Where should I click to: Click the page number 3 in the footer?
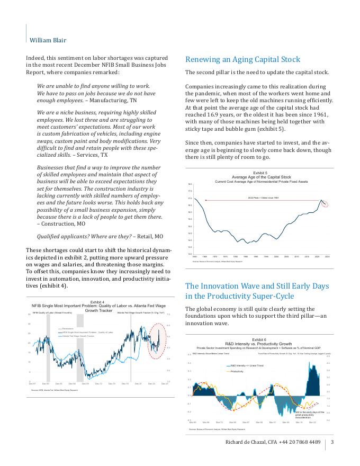click(x=332, y=442)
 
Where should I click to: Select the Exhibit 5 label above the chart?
click(x=260, y=173)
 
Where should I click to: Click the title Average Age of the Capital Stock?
click(x=261, y=177)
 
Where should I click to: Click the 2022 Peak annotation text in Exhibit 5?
click(x=263, y=198)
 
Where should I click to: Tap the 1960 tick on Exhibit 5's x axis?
click(x=195, y=256)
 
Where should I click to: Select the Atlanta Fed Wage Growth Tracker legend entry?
click(x=78, y=336)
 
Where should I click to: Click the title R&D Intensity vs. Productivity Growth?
click(x=259, y=343)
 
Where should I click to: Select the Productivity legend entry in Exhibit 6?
click(x=237, y=371)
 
